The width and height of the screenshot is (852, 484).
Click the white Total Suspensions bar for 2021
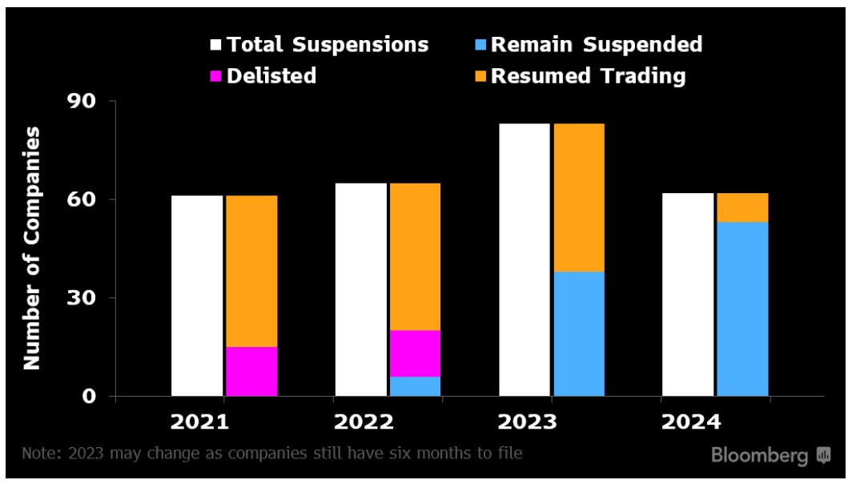click(x=197, y=296)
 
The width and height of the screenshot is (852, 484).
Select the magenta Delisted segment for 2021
click(x=251, y=372)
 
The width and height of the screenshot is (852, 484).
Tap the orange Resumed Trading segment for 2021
click(x=251, y=272)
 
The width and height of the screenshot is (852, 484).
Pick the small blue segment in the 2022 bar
click(x=415, y=386)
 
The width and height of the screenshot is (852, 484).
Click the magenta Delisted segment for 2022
click(x=415, y=353)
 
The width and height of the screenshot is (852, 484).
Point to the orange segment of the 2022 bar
click(x=415, y=256)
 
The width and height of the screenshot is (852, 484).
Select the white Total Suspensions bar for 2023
click(x=524, y=260)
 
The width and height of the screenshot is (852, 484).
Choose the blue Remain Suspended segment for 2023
click(x=579, y=334)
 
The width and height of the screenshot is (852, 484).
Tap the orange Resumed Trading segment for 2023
click(x=579, y=198)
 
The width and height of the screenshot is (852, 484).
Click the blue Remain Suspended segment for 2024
click(x=743, y=309)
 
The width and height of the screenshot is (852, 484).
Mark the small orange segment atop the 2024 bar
click(x=743, y=208)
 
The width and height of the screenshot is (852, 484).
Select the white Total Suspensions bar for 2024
click(x=688, y=295)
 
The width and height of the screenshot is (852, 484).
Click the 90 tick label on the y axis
click(x=82, y=101)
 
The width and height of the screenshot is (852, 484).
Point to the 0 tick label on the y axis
click(x=89, y=396)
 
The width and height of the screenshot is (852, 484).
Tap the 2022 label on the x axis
click(x=364, y=422)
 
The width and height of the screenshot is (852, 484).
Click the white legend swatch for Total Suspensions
click(x=215, y=45)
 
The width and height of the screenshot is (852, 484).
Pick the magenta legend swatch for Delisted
click(x=215, y=76)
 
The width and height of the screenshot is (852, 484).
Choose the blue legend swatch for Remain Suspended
click(x=480, y=45)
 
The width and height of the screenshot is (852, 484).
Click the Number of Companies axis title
click(x=31, y=248)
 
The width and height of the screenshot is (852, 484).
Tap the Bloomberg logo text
click(x=759, y=455)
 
